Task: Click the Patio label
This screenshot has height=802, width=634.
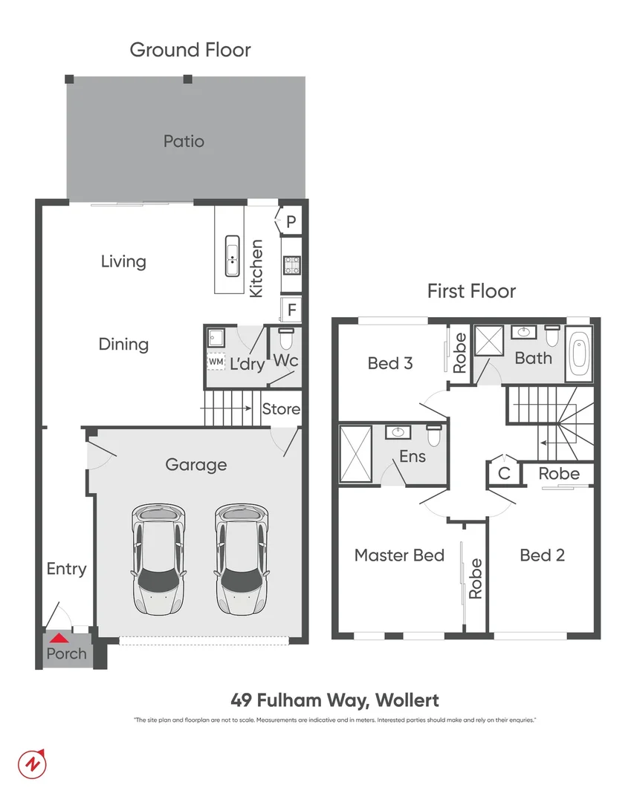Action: tap(184, 141)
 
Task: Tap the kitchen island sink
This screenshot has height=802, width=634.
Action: tap(233, 256)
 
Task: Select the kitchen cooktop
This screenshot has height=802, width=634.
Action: tap(291, 264)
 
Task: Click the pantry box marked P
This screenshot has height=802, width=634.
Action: tap(291, 221)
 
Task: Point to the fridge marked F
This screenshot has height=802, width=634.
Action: tap(291, 309)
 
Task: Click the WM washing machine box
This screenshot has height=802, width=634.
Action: tap(216, 362)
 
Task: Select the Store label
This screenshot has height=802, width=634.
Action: tap(281, 409)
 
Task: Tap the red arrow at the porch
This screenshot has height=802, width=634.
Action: tap(58, 637)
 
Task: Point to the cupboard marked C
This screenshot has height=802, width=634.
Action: tap(504, 473)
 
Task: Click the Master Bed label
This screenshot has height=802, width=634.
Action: tap(399, 555)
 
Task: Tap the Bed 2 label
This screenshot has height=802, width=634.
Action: tap(542, 555)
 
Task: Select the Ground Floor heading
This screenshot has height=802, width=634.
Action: tap(190, 50)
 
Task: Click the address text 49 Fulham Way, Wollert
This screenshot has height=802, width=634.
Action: tap(334, 700)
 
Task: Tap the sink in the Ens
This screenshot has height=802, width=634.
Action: tap(397, 431)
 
